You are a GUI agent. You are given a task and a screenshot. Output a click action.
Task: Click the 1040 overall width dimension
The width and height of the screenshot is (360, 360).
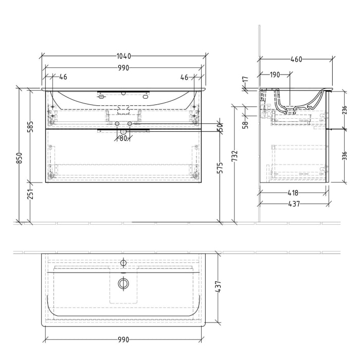click(x=123, y=56)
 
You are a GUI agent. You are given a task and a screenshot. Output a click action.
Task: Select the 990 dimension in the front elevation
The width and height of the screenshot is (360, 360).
click(x=123, y=68)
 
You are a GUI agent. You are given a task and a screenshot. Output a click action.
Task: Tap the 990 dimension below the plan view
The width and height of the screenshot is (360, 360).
click(x=123, y=340)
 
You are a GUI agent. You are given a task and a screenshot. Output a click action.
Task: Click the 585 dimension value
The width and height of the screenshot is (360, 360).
click(x=30, y=127)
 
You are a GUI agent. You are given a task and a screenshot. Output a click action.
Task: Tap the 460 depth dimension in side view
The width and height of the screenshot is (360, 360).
click(x=296, y=60)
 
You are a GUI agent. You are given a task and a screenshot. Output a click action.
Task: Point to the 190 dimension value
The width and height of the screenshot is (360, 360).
click(x=275, y=75)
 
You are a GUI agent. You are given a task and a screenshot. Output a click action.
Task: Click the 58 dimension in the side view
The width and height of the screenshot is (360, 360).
click(x=246, y=123)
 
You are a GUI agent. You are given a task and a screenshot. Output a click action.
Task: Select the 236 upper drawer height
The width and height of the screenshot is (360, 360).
click(x=344, y=111)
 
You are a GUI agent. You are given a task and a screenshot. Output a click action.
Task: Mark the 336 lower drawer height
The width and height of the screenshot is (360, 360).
click(x=344, y=156)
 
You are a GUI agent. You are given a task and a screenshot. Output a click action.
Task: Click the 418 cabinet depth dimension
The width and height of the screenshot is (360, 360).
click(x=292, y=193)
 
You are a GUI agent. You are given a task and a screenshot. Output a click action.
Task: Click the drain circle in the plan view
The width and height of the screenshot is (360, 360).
click(x=123, y=283)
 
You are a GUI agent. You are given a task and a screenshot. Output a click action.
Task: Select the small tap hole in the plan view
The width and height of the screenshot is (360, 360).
click(x=123, y=263)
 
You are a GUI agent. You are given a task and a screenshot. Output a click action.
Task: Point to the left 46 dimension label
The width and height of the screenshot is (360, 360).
click(x=63, y=77)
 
